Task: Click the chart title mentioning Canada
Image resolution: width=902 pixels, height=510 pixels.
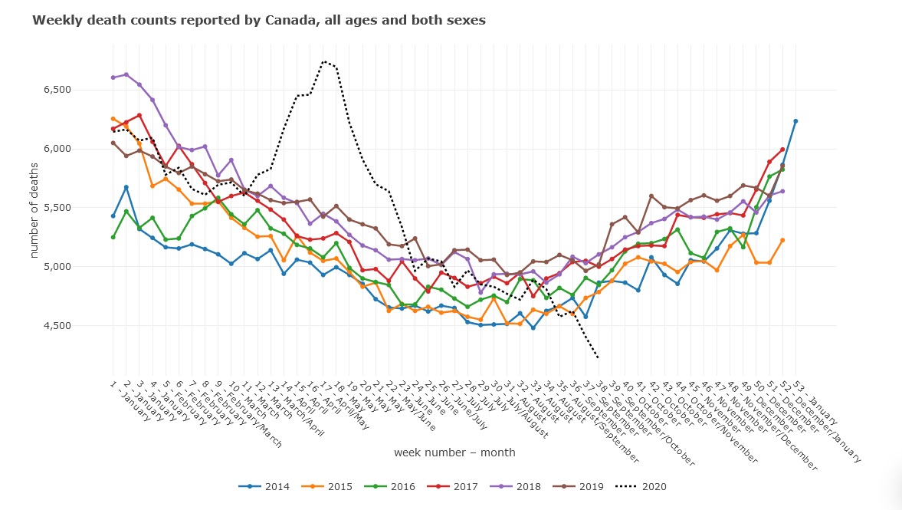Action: click(x=258, y=21)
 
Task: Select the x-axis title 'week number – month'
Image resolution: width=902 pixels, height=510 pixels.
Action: click(x=454, y=452)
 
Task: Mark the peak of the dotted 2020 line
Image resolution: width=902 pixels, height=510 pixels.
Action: click(x=324, y=61)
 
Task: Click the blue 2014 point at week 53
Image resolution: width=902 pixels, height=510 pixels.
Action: click(x=795, y=121)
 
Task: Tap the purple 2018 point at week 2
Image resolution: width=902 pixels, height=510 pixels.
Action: click(x=126, y=74)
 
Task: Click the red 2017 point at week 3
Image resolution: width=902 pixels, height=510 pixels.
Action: click(x=139, y=115)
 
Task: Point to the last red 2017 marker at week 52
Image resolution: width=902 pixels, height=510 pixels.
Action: click(x=782, y=150)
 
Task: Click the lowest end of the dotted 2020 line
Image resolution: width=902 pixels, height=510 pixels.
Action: click(x=598, y=357)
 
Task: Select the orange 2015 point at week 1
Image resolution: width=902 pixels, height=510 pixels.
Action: click(x=113, y=119)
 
